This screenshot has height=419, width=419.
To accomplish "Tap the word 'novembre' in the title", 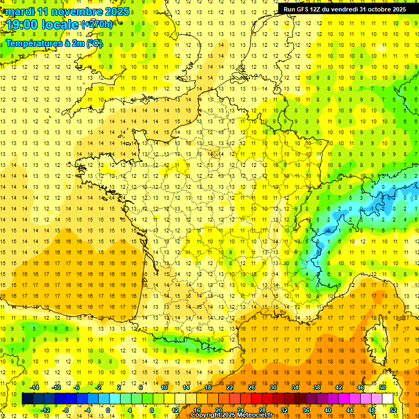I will point(75,11).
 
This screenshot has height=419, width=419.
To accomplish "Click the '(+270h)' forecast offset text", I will point(97,25).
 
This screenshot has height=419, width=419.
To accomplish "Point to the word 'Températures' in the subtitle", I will point(33,43).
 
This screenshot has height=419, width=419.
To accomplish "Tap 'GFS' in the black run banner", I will point(303,9).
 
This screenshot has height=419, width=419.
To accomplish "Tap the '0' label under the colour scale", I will point(107,410).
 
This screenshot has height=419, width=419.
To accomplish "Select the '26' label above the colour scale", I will point(252,387).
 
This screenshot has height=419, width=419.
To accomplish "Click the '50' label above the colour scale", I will point(382,387).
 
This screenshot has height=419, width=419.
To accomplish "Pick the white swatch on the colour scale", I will point(388,399).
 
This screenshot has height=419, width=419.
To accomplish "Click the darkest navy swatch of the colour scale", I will point(27,399).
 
